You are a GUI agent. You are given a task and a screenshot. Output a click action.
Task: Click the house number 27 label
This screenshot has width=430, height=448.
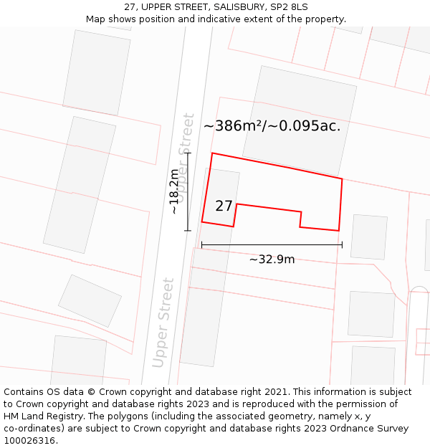pos(224,206)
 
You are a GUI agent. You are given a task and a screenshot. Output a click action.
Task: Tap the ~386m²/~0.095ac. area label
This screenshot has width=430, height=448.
pos(272,126)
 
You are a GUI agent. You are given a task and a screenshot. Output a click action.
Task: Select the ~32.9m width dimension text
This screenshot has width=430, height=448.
pos(272,259)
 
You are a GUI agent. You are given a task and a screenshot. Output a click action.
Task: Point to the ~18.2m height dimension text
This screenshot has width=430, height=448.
pos(174,191)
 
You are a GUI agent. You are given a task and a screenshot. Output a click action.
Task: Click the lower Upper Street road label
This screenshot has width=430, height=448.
pos(163,323)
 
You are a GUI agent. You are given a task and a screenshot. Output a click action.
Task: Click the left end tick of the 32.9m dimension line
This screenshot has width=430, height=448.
pos(201,244)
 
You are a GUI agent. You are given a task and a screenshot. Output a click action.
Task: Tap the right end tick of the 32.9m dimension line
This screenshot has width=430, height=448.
pos(342,244)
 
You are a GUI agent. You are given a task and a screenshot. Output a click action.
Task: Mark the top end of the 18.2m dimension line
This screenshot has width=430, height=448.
pos(188,153)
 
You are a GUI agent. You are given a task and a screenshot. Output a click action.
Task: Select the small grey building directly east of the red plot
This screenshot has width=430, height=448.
pos(368,237)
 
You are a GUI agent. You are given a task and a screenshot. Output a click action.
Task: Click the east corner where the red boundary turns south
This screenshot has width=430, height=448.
pos(342,179)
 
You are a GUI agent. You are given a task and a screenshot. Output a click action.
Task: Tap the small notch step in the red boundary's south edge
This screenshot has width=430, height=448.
pos(301,219)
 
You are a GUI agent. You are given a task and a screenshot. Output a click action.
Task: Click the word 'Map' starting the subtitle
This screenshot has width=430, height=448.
pos(95,19)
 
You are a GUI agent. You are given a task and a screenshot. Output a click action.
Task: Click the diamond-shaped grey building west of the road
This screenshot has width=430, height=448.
pos(90,300)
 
